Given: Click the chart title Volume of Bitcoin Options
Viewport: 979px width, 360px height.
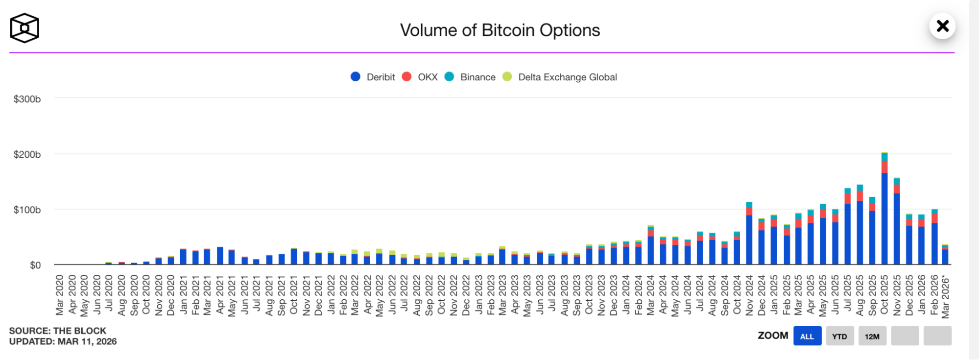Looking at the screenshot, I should point(500,30).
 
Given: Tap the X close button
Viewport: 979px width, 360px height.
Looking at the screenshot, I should point(942,26).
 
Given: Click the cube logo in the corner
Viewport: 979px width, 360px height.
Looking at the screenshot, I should point(24,28).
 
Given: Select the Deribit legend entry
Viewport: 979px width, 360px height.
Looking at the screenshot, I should point(373,77).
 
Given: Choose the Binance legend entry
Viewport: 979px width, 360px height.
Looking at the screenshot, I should point(470,77).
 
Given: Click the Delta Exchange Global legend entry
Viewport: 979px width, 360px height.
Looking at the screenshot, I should point(560,77).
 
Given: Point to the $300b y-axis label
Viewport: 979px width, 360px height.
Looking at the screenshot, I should point(27,99).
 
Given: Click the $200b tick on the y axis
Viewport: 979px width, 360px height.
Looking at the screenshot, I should point(27,154).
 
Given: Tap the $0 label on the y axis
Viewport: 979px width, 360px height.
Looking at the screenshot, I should point(35,265).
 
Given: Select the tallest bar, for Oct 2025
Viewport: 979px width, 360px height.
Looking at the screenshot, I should point(884,211).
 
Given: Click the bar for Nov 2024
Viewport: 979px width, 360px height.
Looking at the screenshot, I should point(749,235).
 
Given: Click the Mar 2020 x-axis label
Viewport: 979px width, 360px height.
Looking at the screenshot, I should point(60,295).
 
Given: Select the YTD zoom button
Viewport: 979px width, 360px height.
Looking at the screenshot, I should point(839,336).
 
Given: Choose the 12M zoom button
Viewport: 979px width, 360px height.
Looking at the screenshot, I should point(872,336).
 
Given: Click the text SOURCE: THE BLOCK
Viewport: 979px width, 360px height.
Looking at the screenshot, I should point(58,331).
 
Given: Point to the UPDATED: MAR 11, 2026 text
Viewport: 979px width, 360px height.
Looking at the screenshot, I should point(63,342).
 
